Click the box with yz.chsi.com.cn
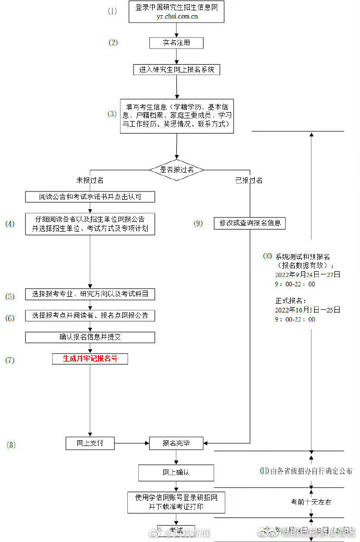pyautogui.click(x=176, y=12)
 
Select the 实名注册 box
pyautogui.click(x=176, y=43)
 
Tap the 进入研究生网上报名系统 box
pyautogui.click(x=176, y=69)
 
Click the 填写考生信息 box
pyautogui.click(x=176, y=116)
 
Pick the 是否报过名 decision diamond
pyautogui.click(x=176, y=170)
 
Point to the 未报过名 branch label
pyautogui.click(x=90, y=180)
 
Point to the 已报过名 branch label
pyautogui.click(x=249, y=180)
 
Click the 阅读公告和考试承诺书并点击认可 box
pyautogui.click(x=90, y=197)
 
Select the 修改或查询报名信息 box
pyautogui.click(x=250, y=223)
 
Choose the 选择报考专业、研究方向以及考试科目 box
pyautogui.click(x=90, y=294)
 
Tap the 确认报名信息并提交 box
pyautogui.click(x=90, y=337)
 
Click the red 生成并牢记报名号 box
pyautogui.click(x=90, y=359)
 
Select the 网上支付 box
pyautogui.click(x=90, y=443)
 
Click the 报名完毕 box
pyautogui.click(x=176, y=443)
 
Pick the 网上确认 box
pyautogui.click(x=176, y=473)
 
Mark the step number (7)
pyautogui.click(x=10, y=360)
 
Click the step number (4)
pyautogui.click(x=10, y=224)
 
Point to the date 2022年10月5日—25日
pyautogui.click(x=307, y=310)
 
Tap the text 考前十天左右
pyautogui.click(x=311, y=502)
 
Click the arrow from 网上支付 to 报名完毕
pyautogui.click(x=131, y=443)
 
